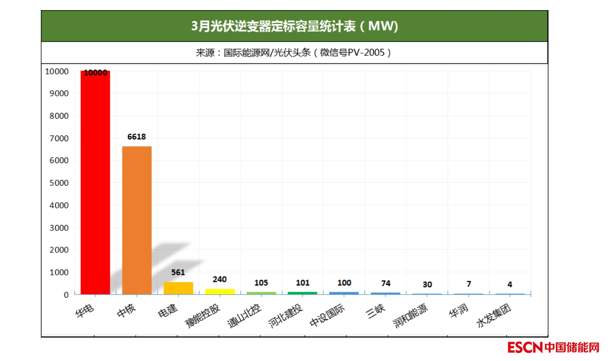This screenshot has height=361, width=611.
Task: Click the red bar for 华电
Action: (95, 182)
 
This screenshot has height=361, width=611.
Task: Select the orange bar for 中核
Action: (137, 220)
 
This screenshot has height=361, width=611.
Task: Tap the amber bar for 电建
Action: (178, 288)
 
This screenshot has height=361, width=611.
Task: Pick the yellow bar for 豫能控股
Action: (220, 292)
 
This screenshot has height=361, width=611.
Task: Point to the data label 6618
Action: (137, 137)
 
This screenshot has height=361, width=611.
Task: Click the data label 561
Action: (178, 272)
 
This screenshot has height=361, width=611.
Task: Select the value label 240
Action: (220, 279)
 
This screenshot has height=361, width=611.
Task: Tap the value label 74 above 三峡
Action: (385, 283)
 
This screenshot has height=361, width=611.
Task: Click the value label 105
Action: (261, 283)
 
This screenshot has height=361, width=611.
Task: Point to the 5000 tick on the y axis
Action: (57, 182)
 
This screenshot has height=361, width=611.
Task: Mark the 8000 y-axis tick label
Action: (57, 116)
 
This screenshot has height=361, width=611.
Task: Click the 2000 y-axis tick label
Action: (57, 250)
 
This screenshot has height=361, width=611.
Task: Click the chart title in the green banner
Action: (294, 26)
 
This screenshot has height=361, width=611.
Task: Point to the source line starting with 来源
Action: (294, 53)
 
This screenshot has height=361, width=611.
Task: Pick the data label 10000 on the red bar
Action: (95, 73)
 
